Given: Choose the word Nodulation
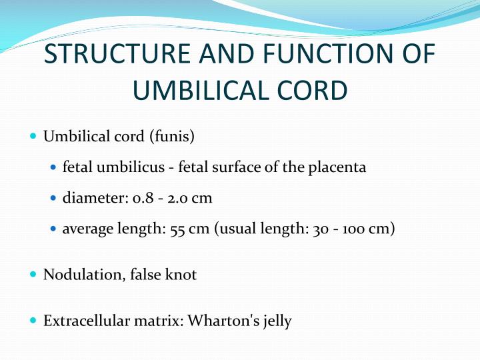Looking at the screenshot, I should pos(79,275).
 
